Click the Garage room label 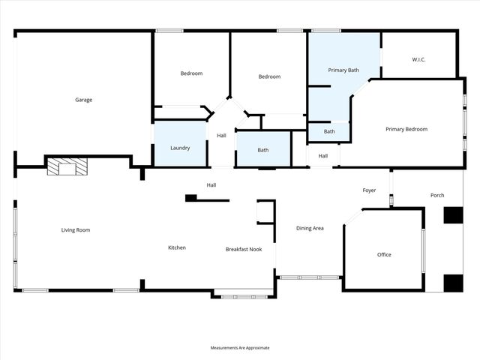(83, 100)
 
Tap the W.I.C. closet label (418, 59)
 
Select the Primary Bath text (343, 70)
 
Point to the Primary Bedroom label (406, 129)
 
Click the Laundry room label (180, 148)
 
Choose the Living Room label (76, 229)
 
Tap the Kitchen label (176, 247)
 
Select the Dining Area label (310, 228)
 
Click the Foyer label (369, 190)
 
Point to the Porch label (437, 195)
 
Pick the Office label (384, 255)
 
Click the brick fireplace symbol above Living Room (67, 166)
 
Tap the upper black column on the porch (453, 215)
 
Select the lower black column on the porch (453, 283)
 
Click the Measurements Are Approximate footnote (240, 348)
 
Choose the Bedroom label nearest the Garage (191, 73)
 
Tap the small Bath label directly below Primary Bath (329, 131)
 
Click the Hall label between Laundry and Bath (221, 136)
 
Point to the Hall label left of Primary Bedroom (322, 156)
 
